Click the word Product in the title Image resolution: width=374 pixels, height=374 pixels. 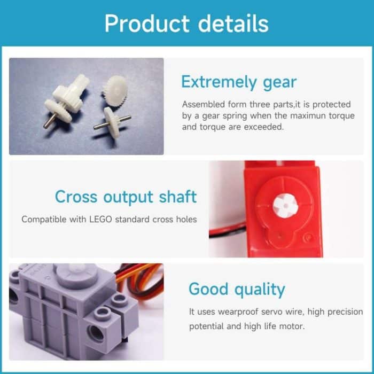tap(146, 24)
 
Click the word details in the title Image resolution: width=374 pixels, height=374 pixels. tap(233, 24)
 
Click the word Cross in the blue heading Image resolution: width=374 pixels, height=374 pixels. tap(75, 197)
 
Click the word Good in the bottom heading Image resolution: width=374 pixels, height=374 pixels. tap(208, 289)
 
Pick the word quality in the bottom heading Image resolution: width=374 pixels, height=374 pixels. tap(259, 289)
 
